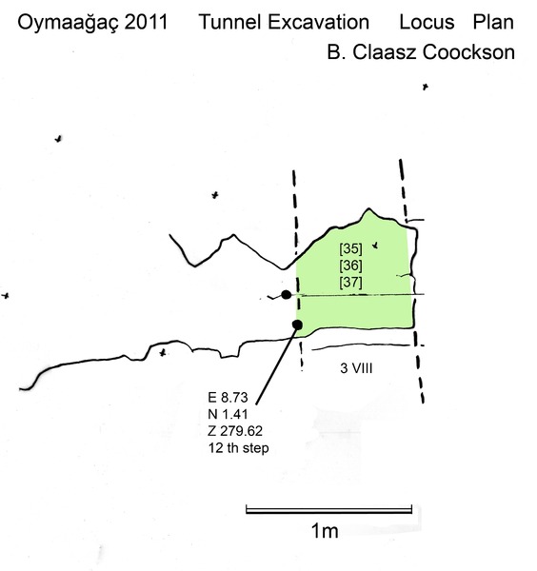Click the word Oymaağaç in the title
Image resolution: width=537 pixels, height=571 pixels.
[68, 23]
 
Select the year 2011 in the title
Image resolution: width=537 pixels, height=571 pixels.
[147, 22]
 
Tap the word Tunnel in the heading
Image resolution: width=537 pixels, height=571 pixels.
[230, 22]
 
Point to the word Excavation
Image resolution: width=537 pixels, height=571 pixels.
[319, 22]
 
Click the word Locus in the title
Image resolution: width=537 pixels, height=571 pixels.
[427, 22]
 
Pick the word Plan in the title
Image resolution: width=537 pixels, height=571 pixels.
[493, 22]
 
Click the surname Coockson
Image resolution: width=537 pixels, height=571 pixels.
[468, 52]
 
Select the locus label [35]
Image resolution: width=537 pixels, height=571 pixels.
[350, 248]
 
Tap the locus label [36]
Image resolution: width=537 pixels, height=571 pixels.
[350, 266]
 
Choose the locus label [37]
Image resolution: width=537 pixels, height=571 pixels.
[350, 282]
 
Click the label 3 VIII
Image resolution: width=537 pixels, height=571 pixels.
[356, 368]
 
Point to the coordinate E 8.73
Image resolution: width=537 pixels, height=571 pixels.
[228, 397]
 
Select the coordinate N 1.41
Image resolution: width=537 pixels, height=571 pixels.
[228, 414]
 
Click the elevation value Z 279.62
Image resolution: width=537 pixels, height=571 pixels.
[235, 431]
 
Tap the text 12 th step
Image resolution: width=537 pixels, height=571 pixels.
[239, 448]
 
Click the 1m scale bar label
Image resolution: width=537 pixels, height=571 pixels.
[325, 531]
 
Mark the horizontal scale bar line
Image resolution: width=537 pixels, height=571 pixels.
[329, 510]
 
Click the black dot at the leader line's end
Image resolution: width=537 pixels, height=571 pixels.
[297, 325]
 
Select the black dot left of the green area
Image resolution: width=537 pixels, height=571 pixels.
[286, 295]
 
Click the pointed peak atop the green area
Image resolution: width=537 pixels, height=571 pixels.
[369, 209]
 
